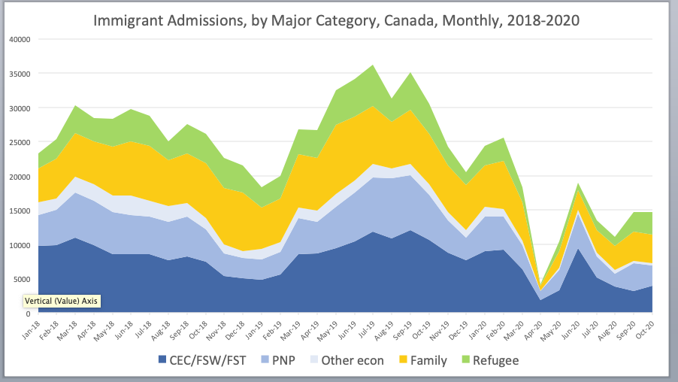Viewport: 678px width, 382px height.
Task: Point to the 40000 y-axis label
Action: pyautogui.click(x=19, y=39)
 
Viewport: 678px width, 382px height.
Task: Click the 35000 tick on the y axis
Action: pyautogui.click(x=19, y=74)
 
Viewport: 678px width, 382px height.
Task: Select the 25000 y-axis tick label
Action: pyautogui.click(x=19, y=142)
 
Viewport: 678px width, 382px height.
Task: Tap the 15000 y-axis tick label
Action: pyautogui.click(x=19, y=211)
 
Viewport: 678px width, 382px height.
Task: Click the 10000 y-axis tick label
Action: pyautogui.click(x=19, y=245)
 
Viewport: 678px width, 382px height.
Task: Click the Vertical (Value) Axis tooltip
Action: pyautogui.click(x=61, y=300)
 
